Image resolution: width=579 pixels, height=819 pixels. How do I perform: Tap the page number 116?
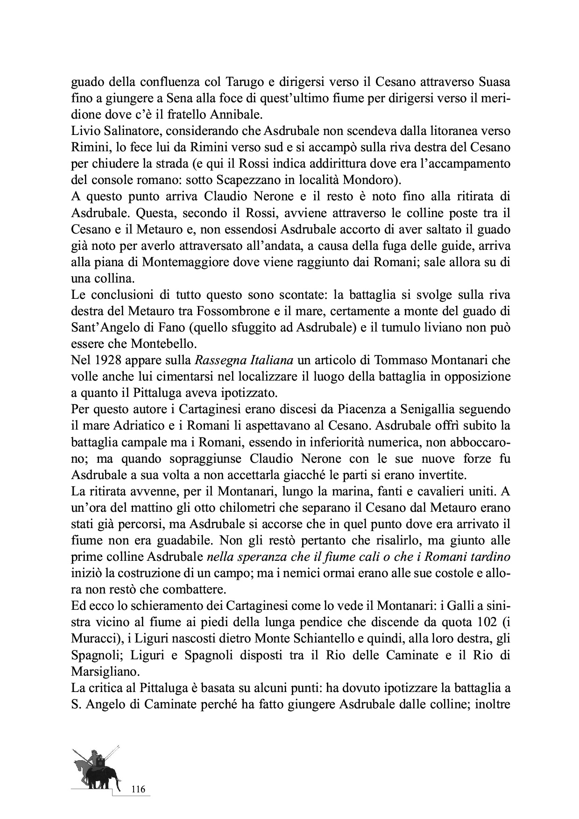click(139, 790)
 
